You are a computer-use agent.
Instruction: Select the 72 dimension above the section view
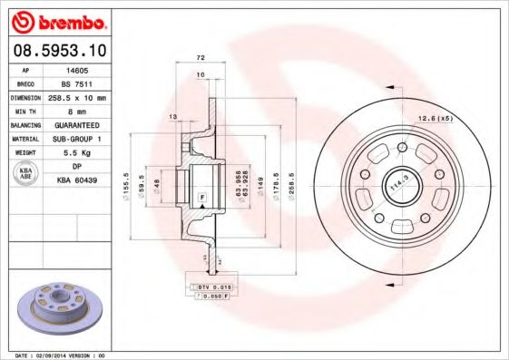(200, 57)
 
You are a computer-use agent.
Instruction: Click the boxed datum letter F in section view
(201, 197)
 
